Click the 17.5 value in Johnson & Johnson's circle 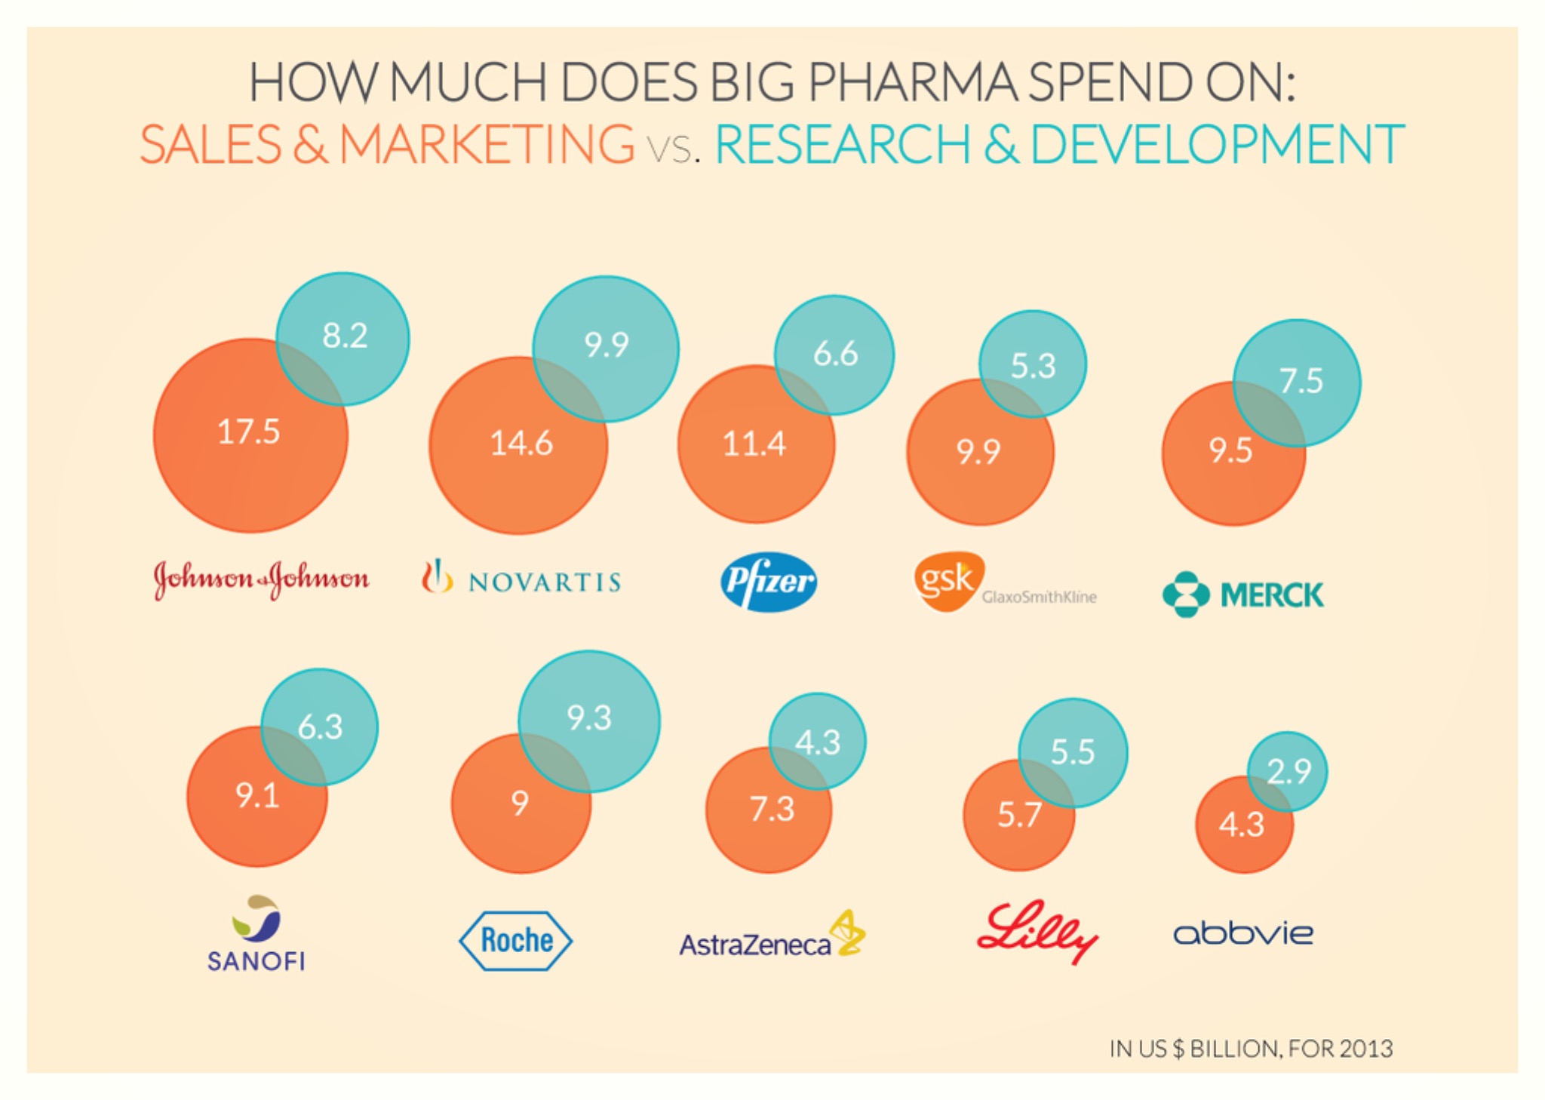(248, 432)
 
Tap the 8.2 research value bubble (345, 336)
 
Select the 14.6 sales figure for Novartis (521, 443)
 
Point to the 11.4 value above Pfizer (754, 444)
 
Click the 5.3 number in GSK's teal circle (1033, 366)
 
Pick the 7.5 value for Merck (1301, 381)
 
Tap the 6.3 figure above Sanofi (320, 727)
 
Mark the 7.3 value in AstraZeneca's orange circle (772, 810)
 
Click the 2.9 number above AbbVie (1289, 771)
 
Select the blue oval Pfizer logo (768, 582)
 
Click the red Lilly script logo (1037, 932)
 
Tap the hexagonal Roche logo (516, 941)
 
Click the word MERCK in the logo (1272, 595)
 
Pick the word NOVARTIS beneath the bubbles (545, 582)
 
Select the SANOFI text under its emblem (256, 961)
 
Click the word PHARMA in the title (912, 82)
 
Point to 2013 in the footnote (1366, 1049)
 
